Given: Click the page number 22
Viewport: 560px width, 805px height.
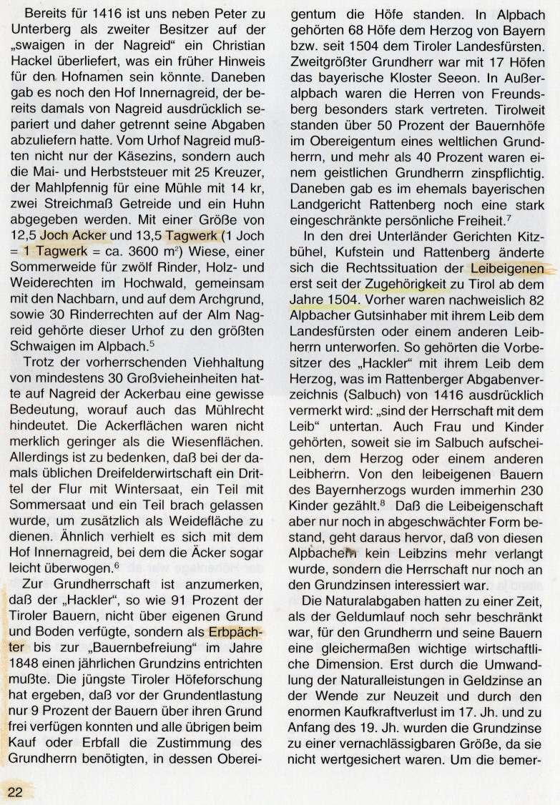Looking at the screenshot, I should pyautogui.click(x=16, y=790).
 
